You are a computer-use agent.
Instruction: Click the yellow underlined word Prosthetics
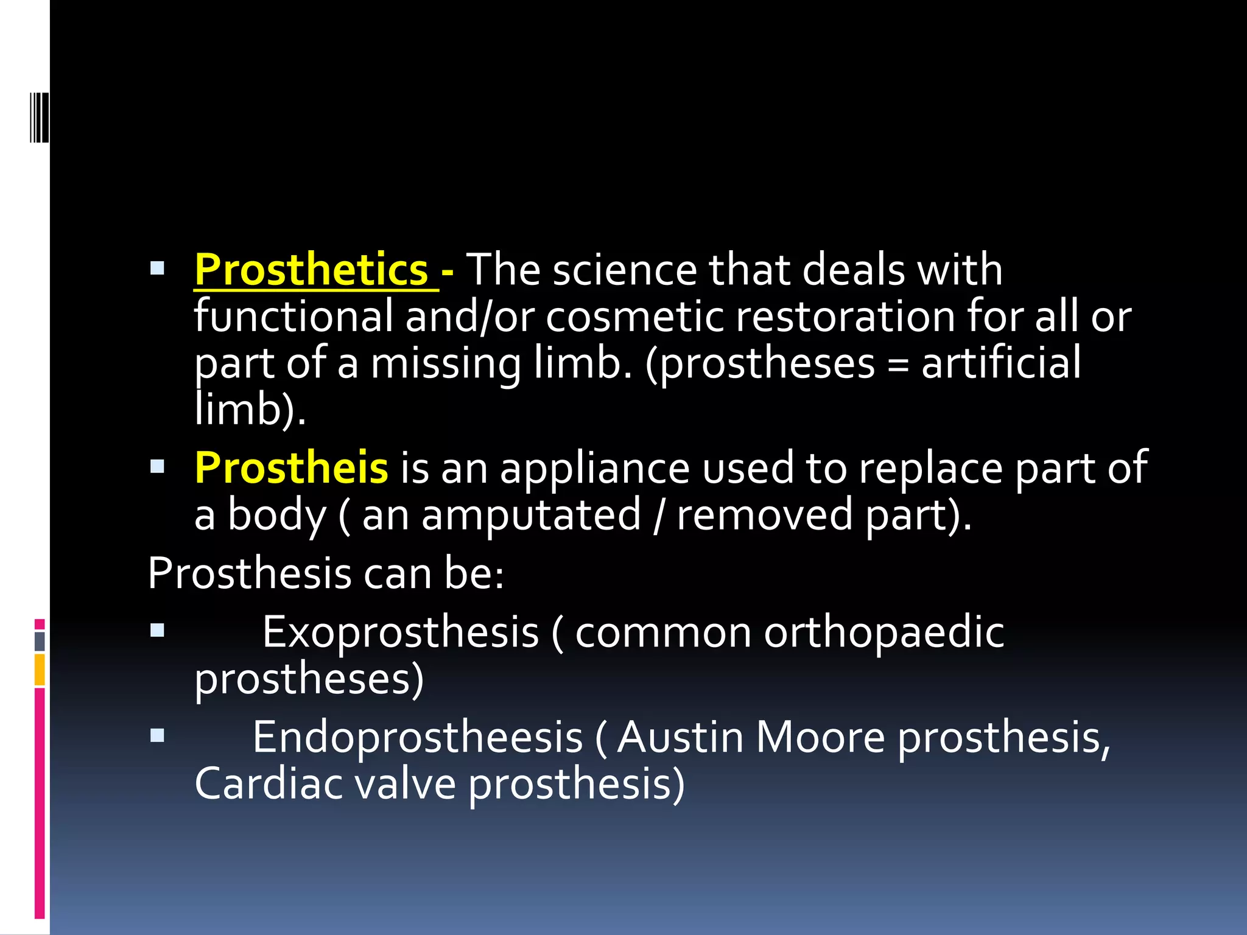311,270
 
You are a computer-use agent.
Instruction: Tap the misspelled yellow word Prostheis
291,468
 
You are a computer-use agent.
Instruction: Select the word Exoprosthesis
401,632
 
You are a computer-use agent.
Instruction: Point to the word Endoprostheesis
418,738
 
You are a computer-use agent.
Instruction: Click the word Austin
680,738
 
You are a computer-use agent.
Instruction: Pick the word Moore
820,738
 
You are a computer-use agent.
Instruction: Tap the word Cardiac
268,784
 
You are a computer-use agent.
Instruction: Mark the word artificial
1001,363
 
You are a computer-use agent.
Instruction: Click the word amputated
531,515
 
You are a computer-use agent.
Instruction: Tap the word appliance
595,468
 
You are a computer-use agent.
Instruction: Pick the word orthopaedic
884,632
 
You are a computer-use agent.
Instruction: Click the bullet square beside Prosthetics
157,268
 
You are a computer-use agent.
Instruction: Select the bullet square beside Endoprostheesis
157,736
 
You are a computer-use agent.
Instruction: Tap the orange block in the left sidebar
40,669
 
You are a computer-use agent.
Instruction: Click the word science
625,270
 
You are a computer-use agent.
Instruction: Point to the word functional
293,317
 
